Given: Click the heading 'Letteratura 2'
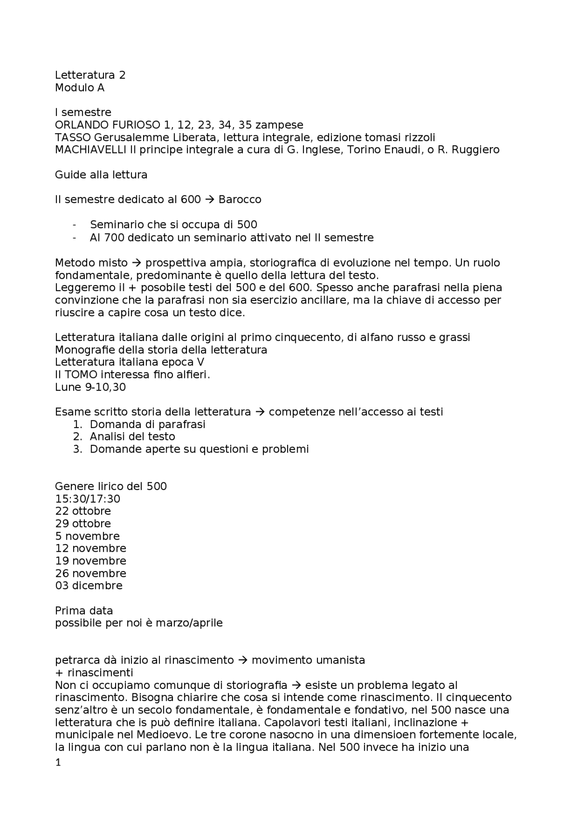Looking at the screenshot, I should [x=90, y=75].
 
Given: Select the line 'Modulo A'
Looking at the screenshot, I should [x=79, y=88].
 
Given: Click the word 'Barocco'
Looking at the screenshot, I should [x=240, y=199].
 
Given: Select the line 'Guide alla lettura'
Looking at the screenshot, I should [x=101, y=175].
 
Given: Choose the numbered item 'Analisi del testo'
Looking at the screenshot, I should [x=132, y=436].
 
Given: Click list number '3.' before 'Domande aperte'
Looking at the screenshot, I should [x=77, y=449].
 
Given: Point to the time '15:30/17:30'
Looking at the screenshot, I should [x=88, y=499].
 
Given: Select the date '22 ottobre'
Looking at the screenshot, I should [x=83, y=511].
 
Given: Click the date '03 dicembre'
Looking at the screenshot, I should [x=89, y=586].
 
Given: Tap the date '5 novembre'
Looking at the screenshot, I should [x=87, y=536].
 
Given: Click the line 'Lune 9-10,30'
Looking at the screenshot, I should [x=90, y=387].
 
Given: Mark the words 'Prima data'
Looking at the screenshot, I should [x=84, y=610].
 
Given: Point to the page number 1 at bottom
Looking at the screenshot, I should [x=57, y=763].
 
